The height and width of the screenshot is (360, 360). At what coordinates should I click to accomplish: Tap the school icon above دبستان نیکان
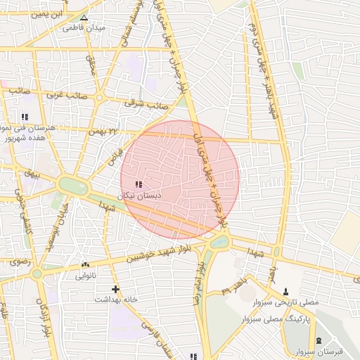pos(137,184)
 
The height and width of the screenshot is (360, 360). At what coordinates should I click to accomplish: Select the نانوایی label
pos(86,276)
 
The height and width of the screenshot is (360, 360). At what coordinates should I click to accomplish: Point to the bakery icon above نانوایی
pos(86,265)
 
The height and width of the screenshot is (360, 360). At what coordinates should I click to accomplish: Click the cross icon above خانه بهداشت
pos(115,289)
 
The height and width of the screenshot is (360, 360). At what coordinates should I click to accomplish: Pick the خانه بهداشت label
pos(115,299)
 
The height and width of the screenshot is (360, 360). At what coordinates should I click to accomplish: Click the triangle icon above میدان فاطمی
pos(84,18)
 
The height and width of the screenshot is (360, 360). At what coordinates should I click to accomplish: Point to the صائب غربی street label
pos(71,94)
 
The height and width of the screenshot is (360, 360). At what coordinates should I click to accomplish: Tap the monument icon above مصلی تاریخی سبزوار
pos(285,291)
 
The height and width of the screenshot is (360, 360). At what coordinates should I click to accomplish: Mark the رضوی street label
pos(18,262)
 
